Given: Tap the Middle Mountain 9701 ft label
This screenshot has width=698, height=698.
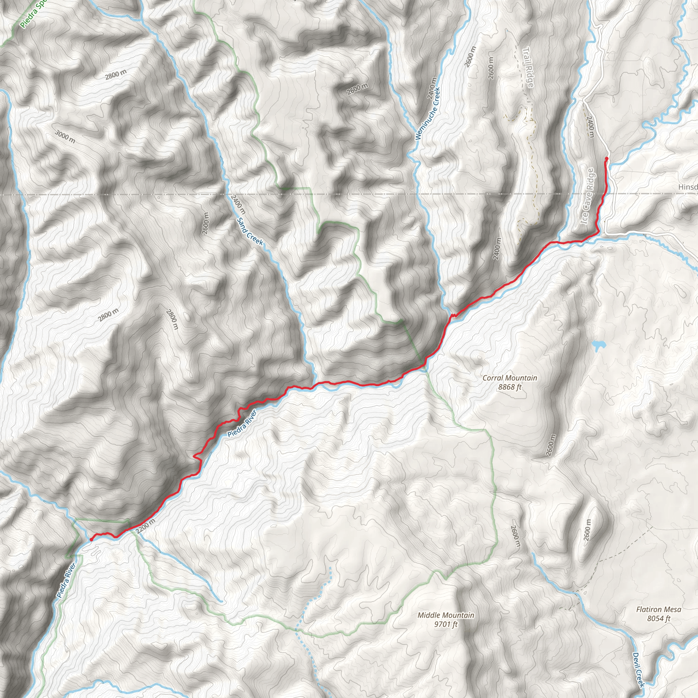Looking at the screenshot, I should tap(446, 620).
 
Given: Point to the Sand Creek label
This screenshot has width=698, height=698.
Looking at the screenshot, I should tap(250, 231).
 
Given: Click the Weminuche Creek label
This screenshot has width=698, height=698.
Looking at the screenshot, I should tap(427, 113).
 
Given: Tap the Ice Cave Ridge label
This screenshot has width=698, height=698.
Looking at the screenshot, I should tap(587, 196).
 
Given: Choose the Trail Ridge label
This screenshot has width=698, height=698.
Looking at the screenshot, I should tap(528, 67).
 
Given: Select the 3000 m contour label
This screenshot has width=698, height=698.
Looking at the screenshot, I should tap(65, 136).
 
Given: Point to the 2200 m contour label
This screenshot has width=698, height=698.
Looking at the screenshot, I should tap(146, 526).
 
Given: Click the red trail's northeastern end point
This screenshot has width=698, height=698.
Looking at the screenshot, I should tap(606, 158).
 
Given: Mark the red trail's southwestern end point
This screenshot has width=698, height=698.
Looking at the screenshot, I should tap(90, 540).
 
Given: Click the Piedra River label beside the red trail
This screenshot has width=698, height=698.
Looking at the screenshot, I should tap(242, 423).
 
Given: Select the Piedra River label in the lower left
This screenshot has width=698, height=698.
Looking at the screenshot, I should tap(66, 580).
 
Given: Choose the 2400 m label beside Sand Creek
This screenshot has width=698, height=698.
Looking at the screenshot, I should tap(238, 204).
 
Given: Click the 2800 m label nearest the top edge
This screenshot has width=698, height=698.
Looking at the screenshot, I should tap(116, 74).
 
